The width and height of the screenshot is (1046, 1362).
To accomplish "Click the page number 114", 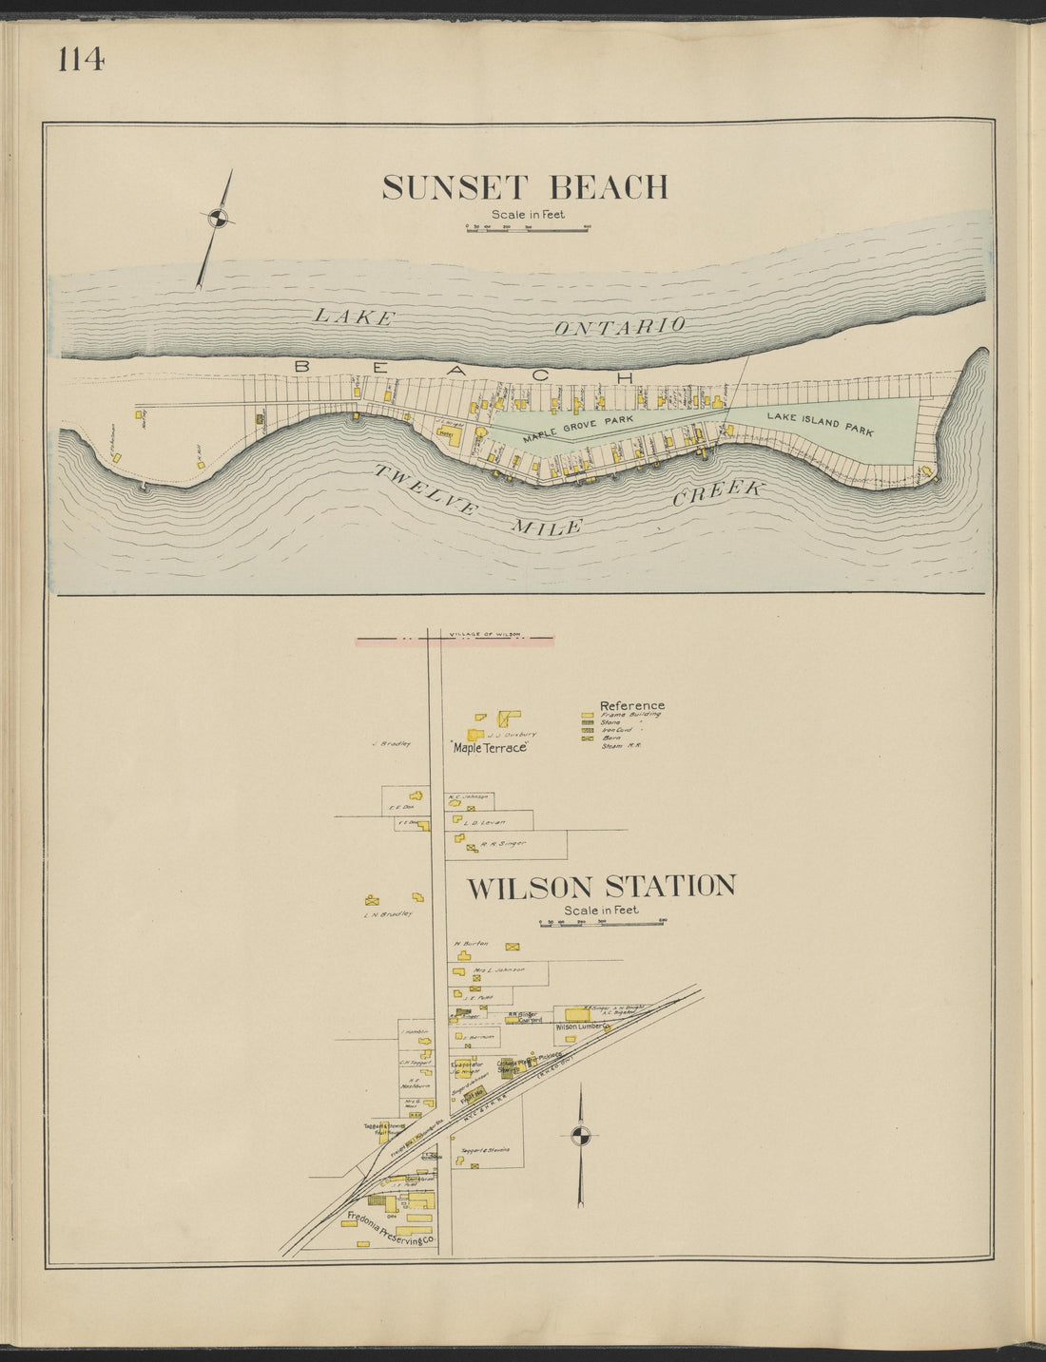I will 81,60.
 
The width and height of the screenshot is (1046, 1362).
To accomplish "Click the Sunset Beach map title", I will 525,187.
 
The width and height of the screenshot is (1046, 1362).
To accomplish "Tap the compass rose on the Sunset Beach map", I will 218,219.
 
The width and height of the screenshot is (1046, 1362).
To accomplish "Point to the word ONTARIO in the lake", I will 620,326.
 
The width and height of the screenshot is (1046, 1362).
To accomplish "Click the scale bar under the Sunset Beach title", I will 526,229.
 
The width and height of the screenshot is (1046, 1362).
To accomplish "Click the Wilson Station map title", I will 601,887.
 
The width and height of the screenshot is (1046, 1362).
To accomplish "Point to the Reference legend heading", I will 632,705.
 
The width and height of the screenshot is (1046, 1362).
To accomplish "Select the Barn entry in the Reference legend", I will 611,738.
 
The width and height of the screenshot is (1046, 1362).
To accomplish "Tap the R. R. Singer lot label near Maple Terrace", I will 503,843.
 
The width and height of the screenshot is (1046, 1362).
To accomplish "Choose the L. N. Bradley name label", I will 387,914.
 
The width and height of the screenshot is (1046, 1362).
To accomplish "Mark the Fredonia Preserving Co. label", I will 391,1229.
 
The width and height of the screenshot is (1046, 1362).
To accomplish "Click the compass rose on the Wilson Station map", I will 580,1135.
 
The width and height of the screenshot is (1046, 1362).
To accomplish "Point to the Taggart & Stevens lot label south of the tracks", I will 485,1150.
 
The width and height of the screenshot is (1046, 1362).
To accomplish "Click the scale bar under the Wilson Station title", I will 601,922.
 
